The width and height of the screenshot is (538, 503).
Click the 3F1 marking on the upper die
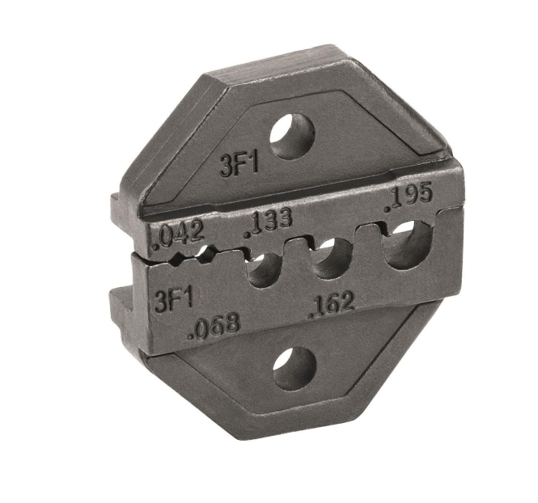[239, 167]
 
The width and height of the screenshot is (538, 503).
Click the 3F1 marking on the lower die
[174, 300]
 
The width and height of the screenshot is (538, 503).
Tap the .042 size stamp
[179, 237]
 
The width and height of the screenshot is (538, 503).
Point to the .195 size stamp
[408, 198]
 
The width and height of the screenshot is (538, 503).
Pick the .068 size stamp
[214, 326]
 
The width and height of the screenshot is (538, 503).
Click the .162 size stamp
[332, 305]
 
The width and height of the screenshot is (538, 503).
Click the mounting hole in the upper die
[292, 136]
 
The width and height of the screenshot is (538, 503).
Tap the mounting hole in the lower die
[294, 369]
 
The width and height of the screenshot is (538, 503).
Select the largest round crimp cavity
[409, 244]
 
